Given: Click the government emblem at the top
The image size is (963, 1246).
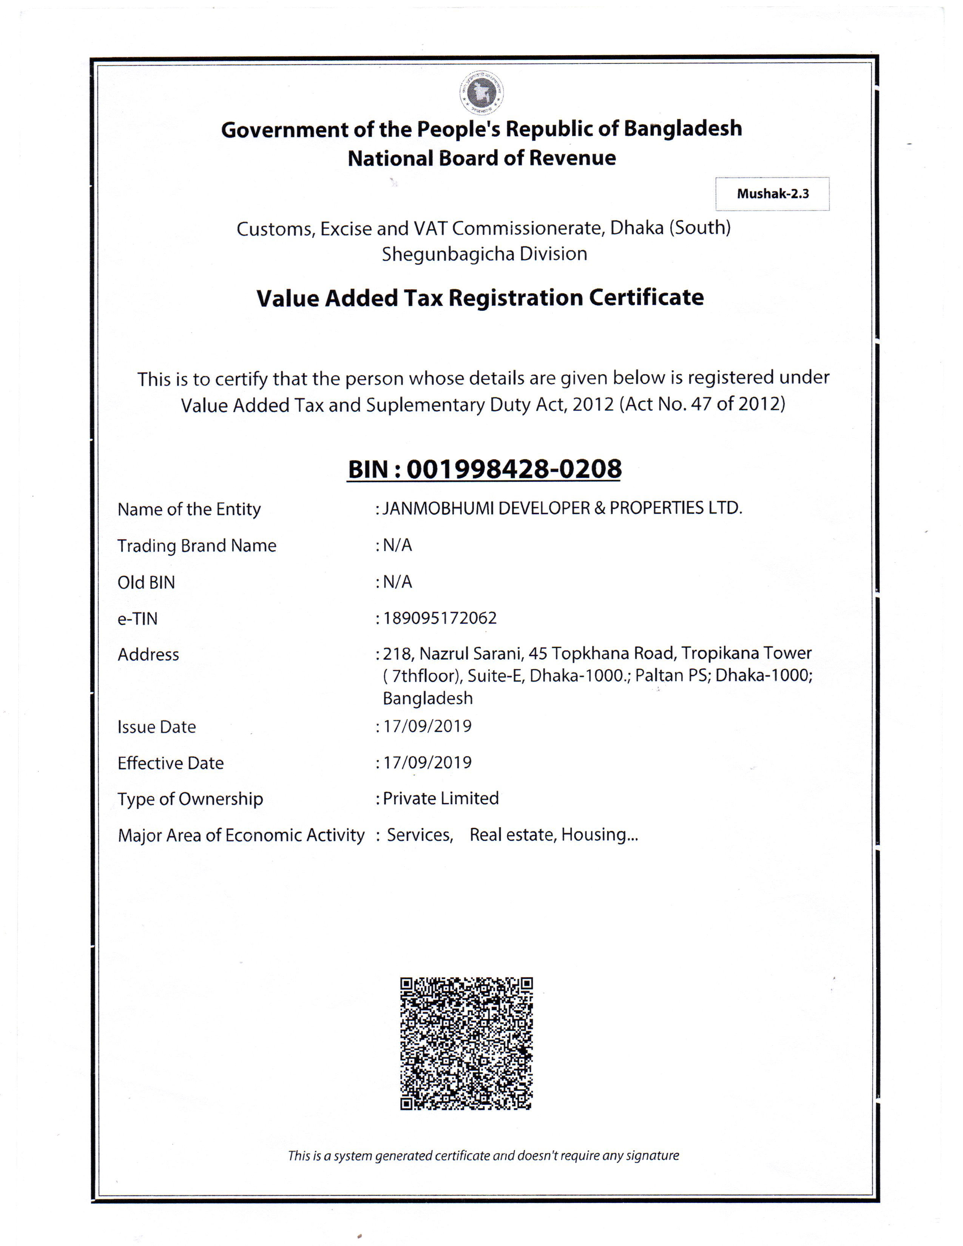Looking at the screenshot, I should (481, 93).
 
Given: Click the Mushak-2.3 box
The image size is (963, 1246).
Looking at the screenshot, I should (772, 194).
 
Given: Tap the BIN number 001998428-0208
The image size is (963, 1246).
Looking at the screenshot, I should (514, 469).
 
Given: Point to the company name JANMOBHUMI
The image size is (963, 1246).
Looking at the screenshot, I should (438, 508).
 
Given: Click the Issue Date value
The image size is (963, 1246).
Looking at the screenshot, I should (427, 726).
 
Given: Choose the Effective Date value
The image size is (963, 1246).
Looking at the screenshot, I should (427, 762).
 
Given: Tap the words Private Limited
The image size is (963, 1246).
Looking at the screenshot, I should (440, 798).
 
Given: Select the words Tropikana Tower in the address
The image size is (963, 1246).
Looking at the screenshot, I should (746, 653).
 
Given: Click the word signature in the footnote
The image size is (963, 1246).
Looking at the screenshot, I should (652, 1156).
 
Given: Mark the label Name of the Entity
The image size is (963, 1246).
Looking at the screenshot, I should (189, 509).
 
